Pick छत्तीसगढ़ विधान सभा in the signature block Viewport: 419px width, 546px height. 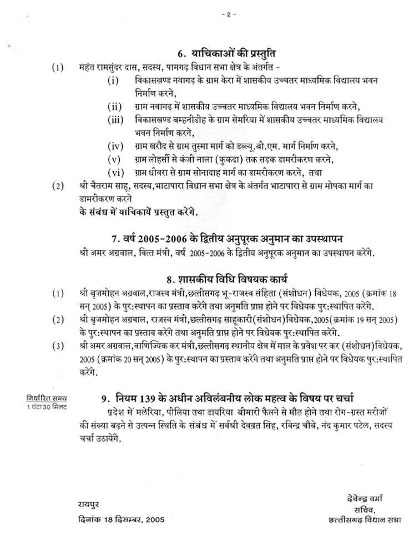(x=364, y=521)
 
